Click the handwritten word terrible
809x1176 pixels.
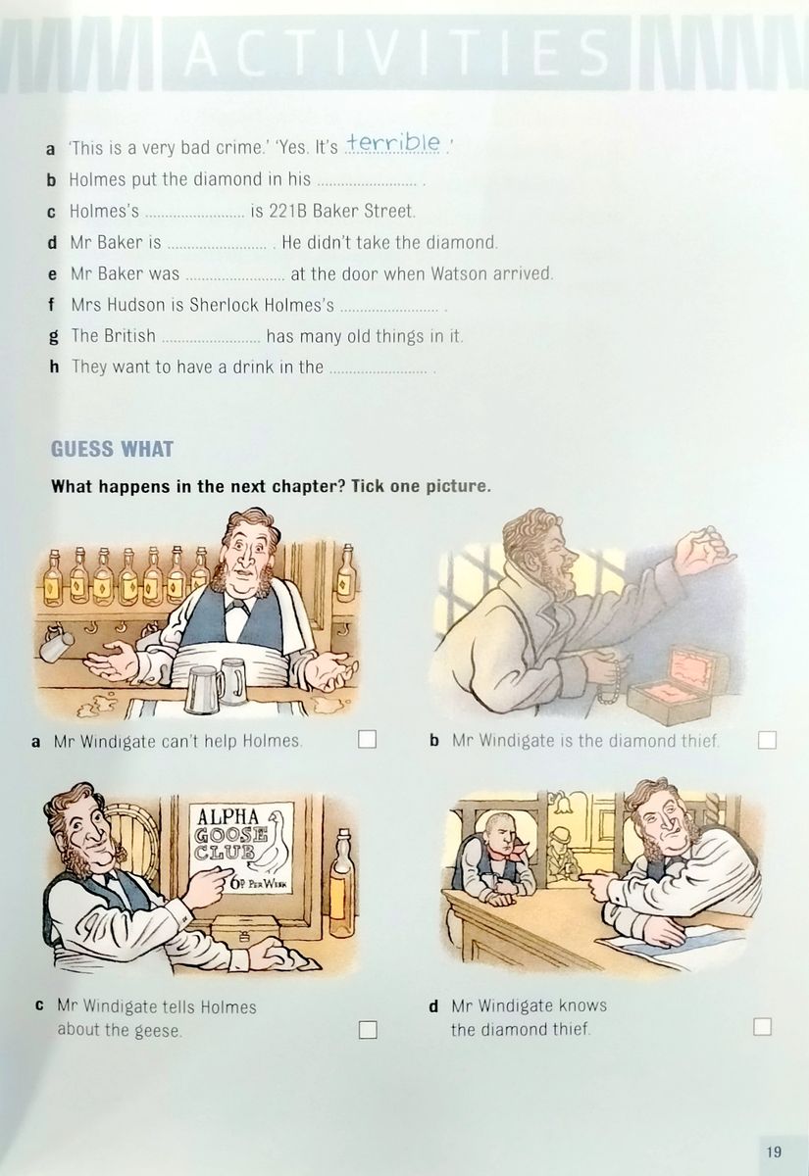[x=394, y=142]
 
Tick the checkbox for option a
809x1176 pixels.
[x=367, y=739]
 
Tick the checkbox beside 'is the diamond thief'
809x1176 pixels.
[x=768, y=740]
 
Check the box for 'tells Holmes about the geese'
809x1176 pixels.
[x=368, y=1030]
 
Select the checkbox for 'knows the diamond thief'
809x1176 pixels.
[x=762, y=1026]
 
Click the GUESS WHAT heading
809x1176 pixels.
[x=112, y=449]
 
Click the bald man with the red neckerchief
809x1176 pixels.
[x=496, y=860]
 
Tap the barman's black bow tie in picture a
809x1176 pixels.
[x=237, y=606]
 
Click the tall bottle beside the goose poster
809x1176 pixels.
[x=342, y=881]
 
